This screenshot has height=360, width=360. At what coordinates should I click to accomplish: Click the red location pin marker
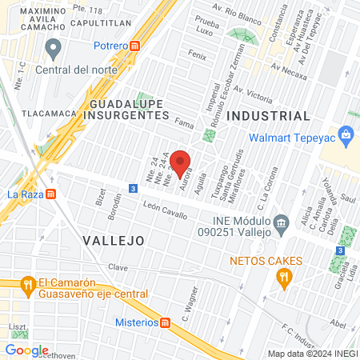tap(181, 161)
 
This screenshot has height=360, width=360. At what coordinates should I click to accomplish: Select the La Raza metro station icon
tap(51, 193)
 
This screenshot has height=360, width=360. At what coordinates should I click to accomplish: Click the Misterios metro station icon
tap(166, 322)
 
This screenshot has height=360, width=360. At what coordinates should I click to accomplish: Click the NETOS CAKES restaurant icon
tap(283, 277)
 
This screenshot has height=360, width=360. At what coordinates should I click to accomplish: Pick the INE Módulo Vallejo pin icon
tap(280, 222)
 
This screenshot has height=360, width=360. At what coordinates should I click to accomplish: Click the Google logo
tap(26, 350)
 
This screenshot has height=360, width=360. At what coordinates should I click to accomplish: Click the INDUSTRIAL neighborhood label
tap(268, 116)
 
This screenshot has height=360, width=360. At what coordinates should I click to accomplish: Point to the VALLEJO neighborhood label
tap(113, 239)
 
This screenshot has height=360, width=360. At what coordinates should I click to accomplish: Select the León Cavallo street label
tap(165, 210)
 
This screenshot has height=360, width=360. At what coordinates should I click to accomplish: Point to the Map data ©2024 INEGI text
tap(311, 354)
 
